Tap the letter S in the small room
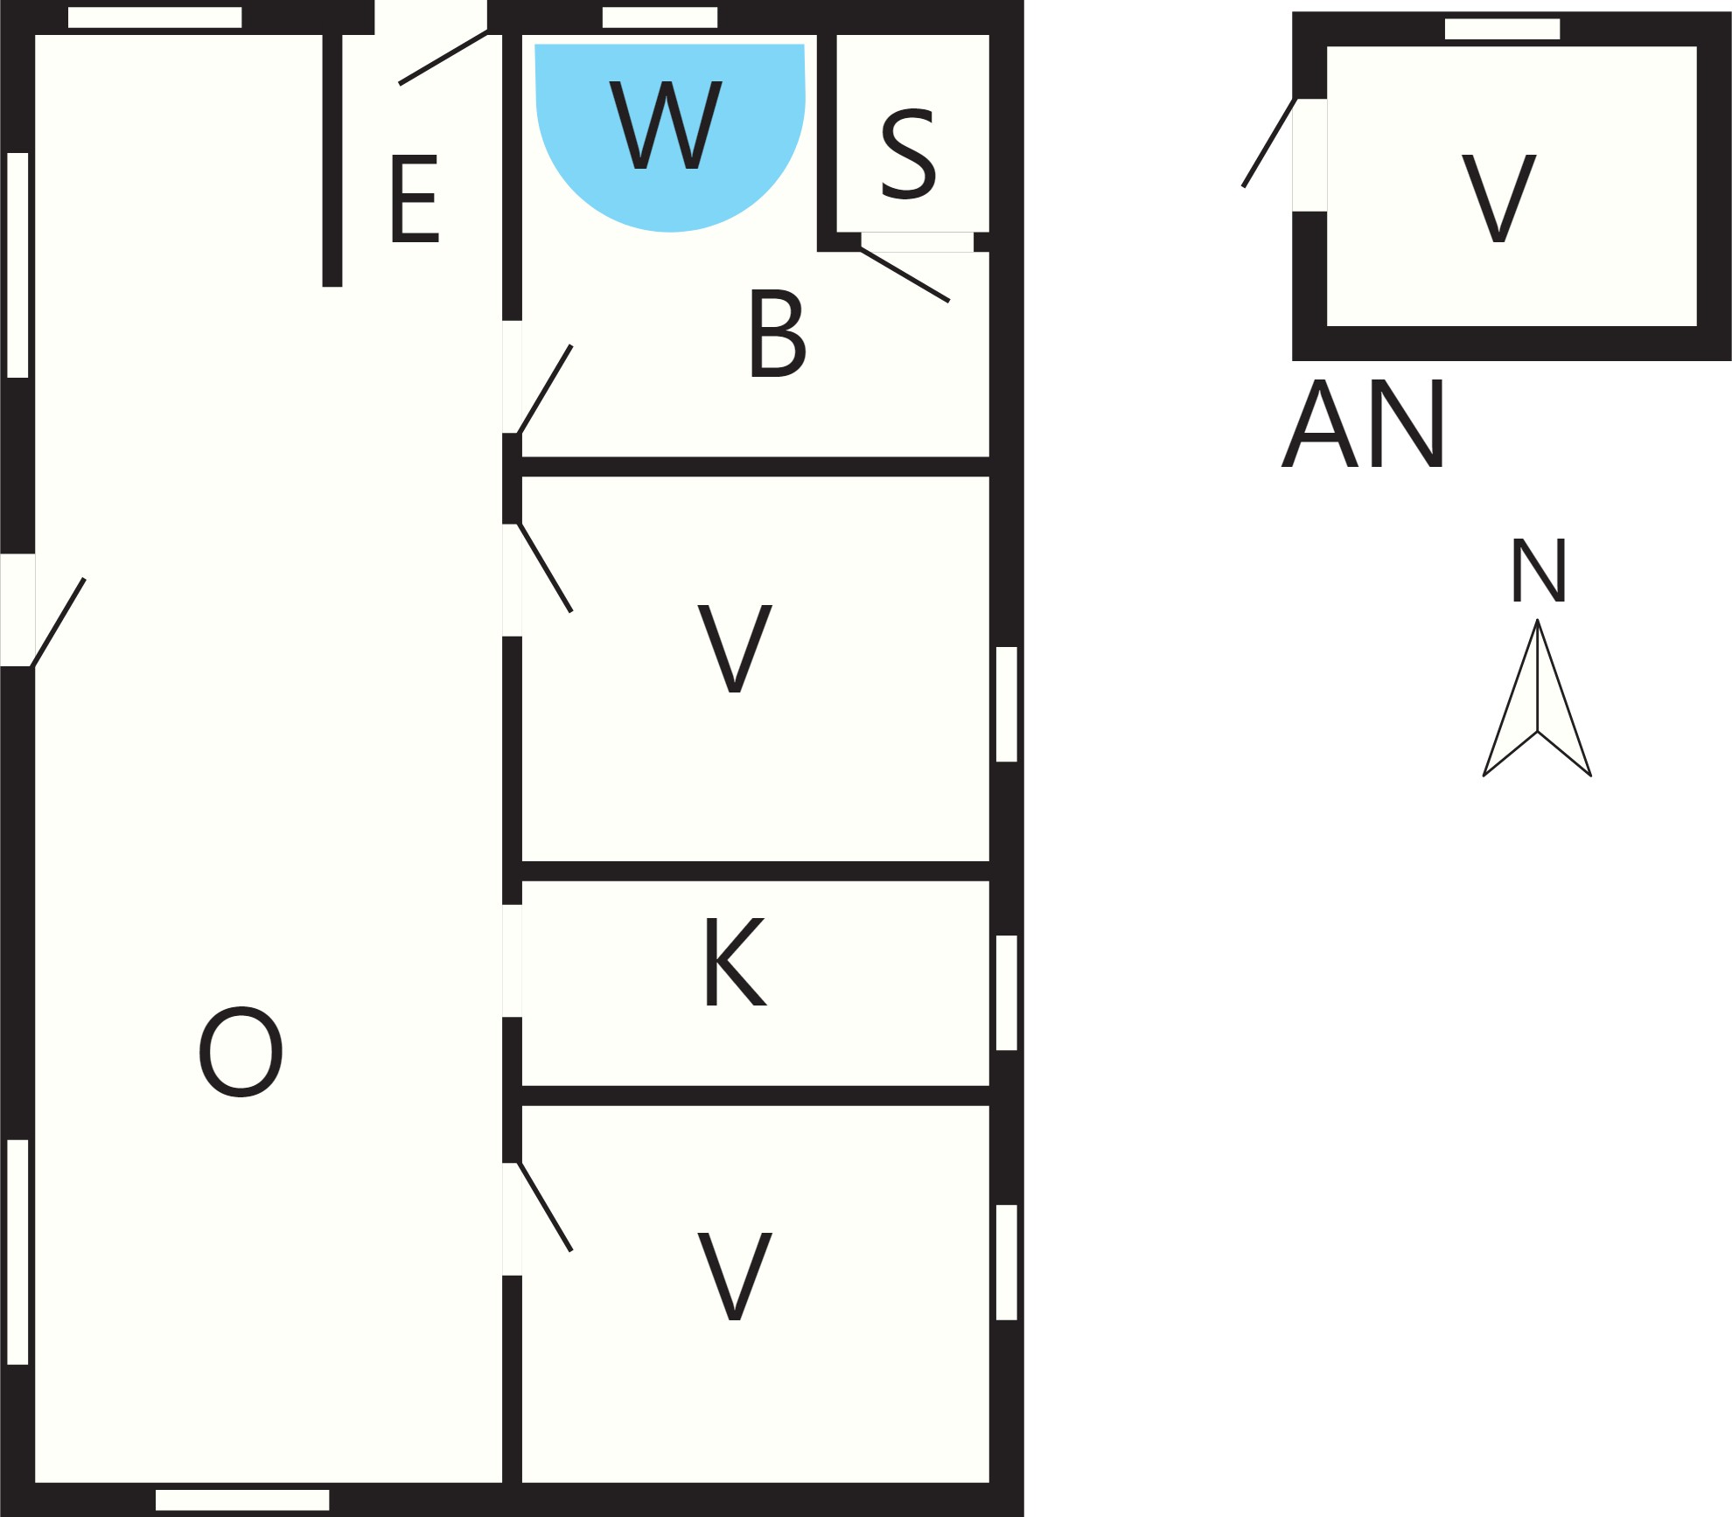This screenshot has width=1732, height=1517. point(908,155)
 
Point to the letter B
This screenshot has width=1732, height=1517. point(778,334)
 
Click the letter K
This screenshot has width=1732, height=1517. point(736,962)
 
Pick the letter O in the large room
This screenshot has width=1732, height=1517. point(241,1052)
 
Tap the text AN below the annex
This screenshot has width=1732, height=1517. point(1362,424)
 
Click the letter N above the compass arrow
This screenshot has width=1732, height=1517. point(1539,570)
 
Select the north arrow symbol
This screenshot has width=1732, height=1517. point(1537,699)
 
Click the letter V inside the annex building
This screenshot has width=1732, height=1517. point(1499,198)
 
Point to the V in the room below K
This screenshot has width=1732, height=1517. point(735,1277)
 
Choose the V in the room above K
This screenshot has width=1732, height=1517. point(735,649)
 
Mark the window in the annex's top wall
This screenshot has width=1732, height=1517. point(1502,29)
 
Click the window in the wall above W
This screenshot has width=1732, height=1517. point(660,17)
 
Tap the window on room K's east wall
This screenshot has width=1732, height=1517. point(1007,993)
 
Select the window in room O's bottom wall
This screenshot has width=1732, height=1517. point(242,1500)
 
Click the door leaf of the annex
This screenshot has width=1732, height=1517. point(1269,143)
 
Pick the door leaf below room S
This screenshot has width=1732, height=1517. point(904,275)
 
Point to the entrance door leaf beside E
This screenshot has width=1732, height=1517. point(443,58)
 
